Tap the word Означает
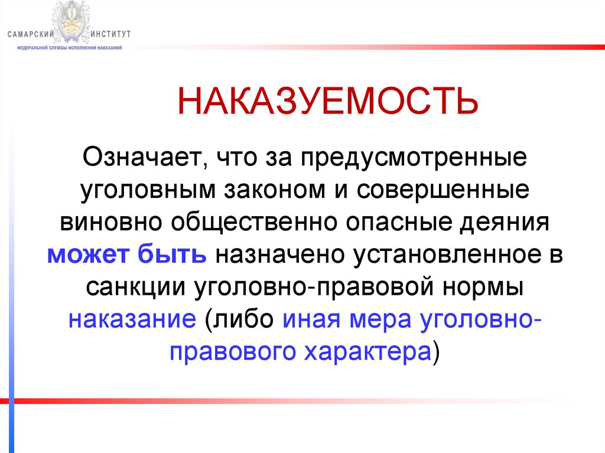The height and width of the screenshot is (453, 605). tap(144, 158)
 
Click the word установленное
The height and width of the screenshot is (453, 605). tap(442, 255)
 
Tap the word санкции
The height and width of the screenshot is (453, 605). tap(134, 288)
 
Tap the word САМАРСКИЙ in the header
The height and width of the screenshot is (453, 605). tap(31, 34)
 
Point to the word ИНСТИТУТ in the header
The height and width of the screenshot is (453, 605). tap(111, 34)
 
